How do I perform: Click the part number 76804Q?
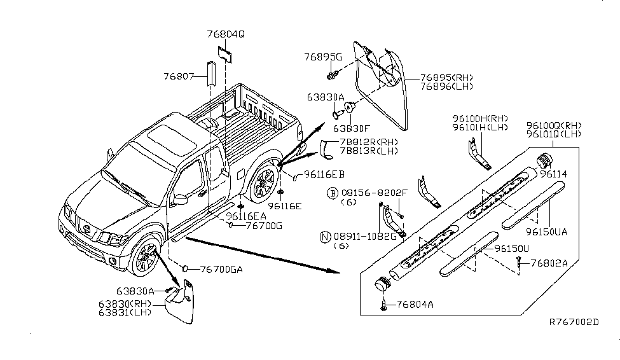(x=225, y=34)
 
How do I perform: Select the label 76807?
(x=179, y=76)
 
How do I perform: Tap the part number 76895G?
(x=323, y=57)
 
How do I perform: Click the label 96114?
(x=554, y=173)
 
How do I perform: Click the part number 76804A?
(x=415, y=305)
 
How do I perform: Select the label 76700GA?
(x=221, y=269)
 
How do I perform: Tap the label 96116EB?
(x=324, y=174)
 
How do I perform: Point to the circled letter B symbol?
(x=332, y=192)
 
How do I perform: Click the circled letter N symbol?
(x=325, y=237)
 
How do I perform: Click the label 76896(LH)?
(x=446, y=86)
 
